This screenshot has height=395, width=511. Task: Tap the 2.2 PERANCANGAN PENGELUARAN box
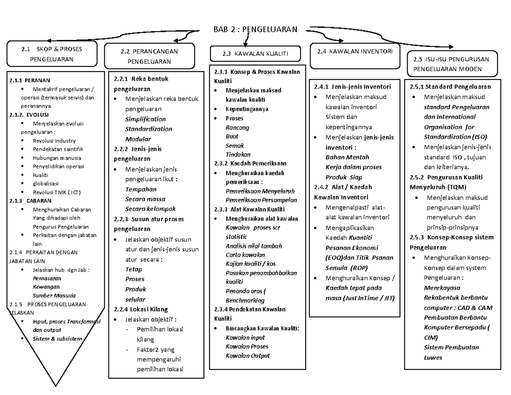[x=149, y=56]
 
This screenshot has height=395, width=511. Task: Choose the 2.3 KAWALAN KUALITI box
[x=255, y=54]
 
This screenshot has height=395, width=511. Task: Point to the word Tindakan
[x=238, y=154]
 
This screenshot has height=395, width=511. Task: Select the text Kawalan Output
[x=247, y=356]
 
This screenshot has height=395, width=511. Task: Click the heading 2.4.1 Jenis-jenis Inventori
[x=352, y=86]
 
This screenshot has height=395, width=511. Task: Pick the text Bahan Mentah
[x=347, y=157]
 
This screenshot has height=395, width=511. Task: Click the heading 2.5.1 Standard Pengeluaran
[x=450, y=86]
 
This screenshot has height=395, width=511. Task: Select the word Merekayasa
[x=439, y=287]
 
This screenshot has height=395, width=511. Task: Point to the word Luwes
[x=433, y=358]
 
